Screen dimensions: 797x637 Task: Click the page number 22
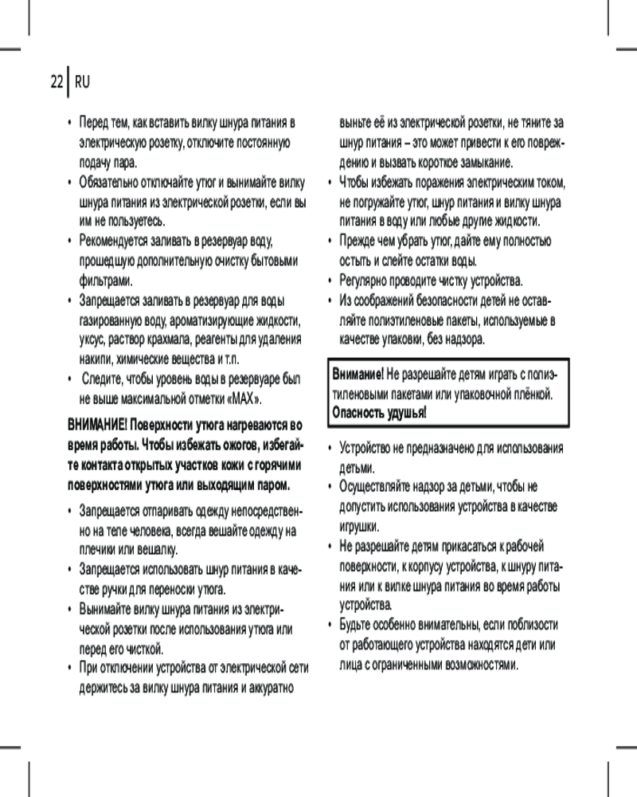(x=56, y=82)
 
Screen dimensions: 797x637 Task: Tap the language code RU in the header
(x=82, y=82)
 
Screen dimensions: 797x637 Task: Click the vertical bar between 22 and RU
(x=68, y=81)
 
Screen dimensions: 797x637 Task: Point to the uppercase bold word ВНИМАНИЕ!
(x=96, y=422)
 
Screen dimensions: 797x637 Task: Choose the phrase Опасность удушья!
(x=378, y=413)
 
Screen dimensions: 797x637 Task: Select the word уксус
(x=93, y=339)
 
